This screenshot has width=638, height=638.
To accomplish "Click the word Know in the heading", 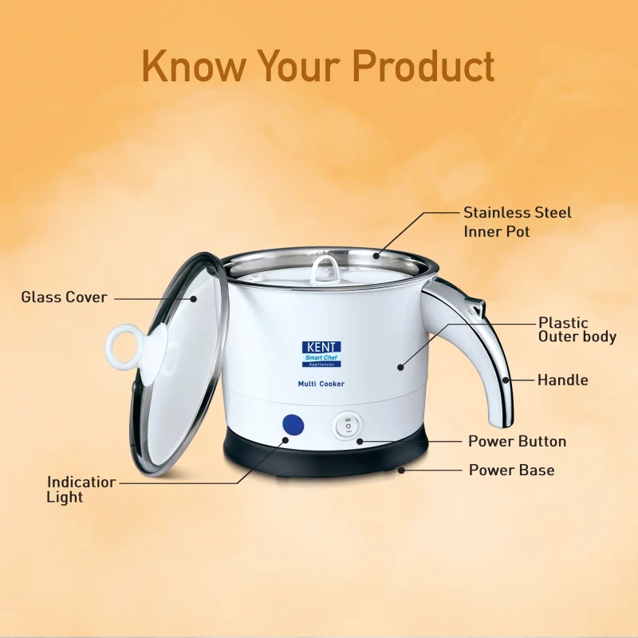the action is click(195, 66).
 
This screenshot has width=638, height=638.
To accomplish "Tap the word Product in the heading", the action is click(423, 66).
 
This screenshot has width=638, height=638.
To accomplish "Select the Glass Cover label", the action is click(65, 297).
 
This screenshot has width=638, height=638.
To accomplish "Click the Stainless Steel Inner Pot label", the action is click(517, 222).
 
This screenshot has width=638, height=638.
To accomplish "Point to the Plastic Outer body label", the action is click(577, 329).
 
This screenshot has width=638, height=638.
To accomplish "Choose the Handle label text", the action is click(563, 380).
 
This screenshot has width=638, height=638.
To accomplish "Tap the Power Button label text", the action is click(517, 442).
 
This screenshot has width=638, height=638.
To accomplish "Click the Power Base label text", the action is click(511, 470).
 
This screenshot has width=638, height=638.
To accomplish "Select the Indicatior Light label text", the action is click(81, 489).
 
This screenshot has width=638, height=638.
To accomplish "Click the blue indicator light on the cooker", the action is click(293, 426).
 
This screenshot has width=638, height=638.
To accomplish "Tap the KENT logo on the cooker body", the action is click(321, 354).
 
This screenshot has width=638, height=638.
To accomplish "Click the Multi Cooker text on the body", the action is click(321, 384).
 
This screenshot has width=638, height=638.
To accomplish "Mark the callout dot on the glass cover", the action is click(194, 298).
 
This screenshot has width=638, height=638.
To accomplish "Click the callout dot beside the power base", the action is click(401, 470).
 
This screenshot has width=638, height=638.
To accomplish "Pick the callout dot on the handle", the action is click(506, 380).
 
